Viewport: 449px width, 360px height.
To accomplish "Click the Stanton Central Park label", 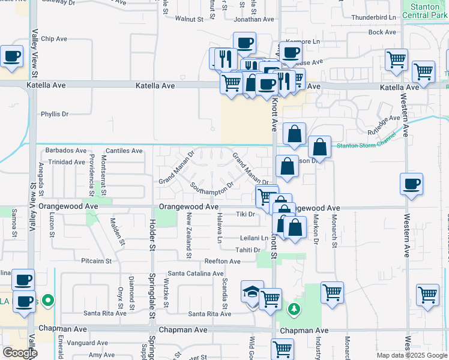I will [x=423, y=10].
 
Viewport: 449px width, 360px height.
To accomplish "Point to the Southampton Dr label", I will [x=211, y=188].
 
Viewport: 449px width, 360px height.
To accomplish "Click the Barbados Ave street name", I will [x=67, y=150].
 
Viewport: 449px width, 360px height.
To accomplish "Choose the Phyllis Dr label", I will [x=55, y=113].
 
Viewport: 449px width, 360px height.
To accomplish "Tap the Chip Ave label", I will [x=54, y=39].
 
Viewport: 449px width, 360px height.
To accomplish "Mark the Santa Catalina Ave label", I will [x=196, y=274].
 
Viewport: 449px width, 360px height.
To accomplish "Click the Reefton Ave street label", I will [x=222, y=262].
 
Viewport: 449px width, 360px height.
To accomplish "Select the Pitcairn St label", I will [x=97, y=261].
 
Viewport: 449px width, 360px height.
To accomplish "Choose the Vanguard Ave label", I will [x=87, y=343].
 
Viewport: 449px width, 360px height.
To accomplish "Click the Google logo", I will [x=20, y=353].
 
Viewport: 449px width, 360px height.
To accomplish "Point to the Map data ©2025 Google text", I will [x=412, y=355].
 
